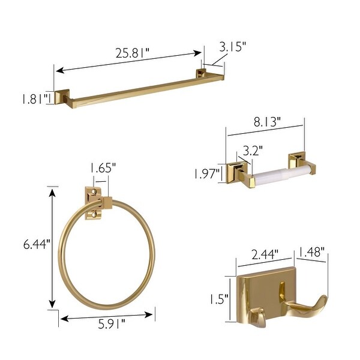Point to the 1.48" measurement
[313, 252]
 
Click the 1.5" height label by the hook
[218, 299]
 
